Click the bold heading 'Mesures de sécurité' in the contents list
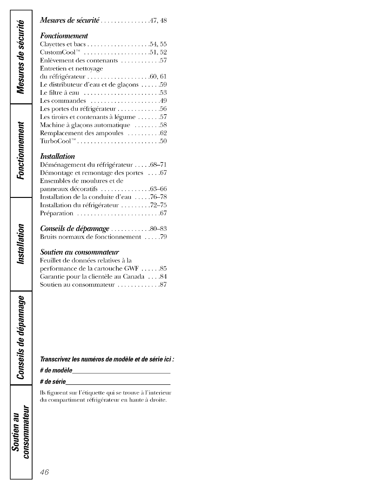pos(70,21)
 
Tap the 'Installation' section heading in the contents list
pos(58,156)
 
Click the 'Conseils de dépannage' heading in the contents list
pos(75,229)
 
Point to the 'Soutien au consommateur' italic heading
pos(80,252)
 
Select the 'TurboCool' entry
pos(58,141)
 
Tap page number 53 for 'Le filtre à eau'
pos(163,93)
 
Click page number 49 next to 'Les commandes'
pos(163,101)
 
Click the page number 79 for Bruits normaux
pos(163,237)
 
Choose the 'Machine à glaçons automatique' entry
pos(85,125)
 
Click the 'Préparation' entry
pos(57,213)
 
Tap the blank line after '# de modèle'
pos(121,372)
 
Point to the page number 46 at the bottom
pos(44,472)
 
